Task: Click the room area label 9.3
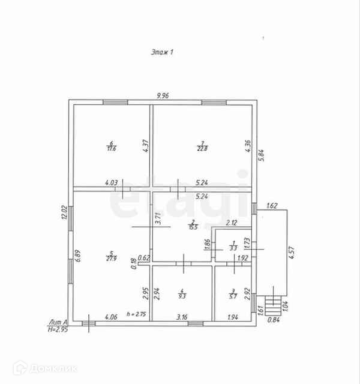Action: point(182,295)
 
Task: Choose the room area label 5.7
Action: point(233,296)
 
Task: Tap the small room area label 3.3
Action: point(233,247)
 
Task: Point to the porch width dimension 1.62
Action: point(271,205)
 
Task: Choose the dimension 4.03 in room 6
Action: point(111,182)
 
